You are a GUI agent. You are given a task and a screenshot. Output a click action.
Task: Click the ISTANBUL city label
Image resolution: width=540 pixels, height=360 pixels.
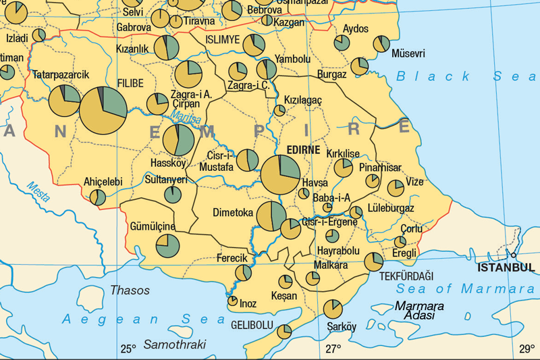pyautogui.click(x=506, y=267)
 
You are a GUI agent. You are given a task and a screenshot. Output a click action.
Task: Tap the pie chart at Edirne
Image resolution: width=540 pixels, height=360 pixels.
pyautogui.click(x=281, y=175)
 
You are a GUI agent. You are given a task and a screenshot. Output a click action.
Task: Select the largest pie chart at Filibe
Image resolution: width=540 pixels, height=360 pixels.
pyautogui.click(x=104, y=110)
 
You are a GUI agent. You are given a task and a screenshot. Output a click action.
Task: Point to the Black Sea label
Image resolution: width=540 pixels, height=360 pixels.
pyautogui.click(x=466, y=76)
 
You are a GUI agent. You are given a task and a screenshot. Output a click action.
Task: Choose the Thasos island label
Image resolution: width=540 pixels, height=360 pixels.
pyautogui.click(x=130, y=290)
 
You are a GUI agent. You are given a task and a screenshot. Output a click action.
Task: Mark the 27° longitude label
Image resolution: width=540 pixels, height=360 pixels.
pyautogui.click(x=333, y=349)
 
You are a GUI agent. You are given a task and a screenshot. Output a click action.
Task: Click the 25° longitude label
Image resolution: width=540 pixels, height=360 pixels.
pyautogui.click(x=128, y=349)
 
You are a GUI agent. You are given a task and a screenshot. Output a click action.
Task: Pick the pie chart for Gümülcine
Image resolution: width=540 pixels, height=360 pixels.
pyautogui.click(x=168, y=245)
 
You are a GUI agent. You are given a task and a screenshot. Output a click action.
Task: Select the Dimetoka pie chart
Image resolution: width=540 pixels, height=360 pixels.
pyautogui.click(x=271, y=215)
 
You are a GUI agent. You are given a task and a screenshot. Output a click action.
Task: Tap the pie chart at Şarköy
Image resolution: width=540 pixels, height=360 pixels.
pyautogui.click(x=333, y=309)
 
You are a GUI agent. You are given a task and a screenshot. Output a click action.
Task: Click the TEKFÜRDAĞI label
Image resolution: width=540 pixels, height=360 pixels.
pyautogui.click(x=406, y=276)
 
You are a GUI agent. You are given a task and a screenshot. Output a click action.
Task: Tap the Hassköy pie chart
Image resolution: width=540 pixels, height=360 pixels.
pyautogui.click(x=179, y=140)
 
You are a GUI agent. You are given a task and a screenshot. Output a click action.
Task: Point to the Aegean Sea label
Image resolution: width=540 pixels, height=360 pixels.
pyautogui.click(x=135, y=319)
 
